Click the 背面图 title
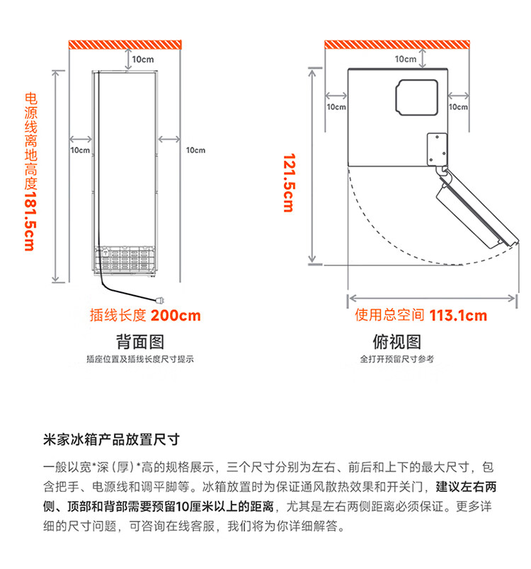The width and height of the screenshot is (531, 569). point(139,342)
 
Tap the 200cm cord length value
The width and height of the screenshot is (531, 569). point(176,316)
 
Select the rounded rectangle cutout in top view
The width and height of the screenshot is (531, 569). point(416,96)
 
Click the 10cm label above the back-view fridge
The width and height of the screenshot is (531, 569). point(142,59)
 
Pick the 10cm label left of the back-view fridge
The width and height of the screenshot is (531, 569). point(80,150)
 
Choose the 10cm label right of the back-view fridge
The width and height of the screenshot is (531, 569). point(195,150)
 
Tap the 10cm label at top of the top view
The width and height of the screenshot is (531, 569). point(406,59)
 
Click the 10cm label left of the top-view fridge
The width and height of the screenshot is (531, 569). point(336,108)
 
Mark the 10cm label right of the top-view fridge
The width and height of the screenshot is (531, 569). point(459,108)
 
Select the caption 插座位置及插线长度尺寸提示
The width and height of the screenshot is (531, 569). point(139,360)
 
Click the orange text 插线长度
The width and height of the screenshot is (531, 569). point(118,316)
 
